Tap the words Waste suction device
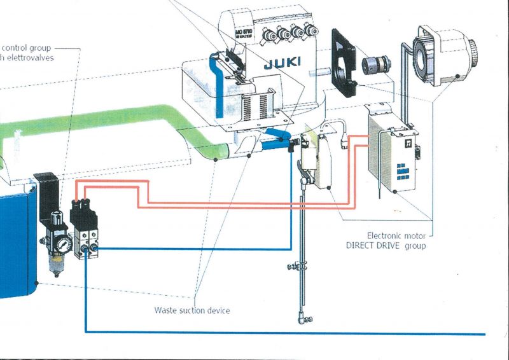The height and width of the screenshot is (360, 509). pyautogui.click(x=192, y=311)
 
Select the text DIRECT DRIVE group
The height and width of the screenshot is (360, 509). pyautogui.click(x=394, y=246)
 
